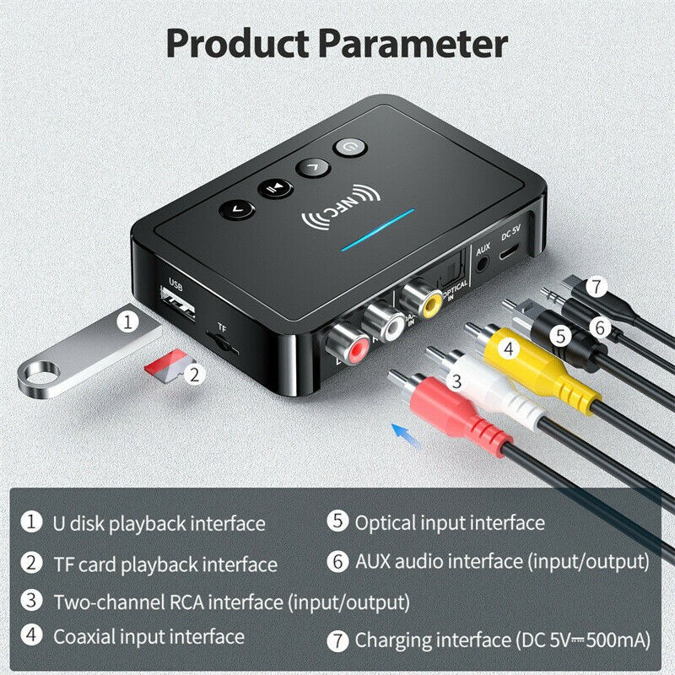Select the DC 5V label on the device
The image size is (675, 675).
(x=512, y=229)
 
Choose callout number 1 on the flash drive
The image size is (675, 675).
(x=127, y=321)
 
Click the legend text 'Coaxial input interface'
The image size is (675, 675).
(x=148, y=636)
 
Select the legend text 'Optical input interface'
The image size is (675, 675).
(x=449, y=523)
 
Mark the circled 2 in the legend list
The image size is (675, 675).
(x=32, y=563)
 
